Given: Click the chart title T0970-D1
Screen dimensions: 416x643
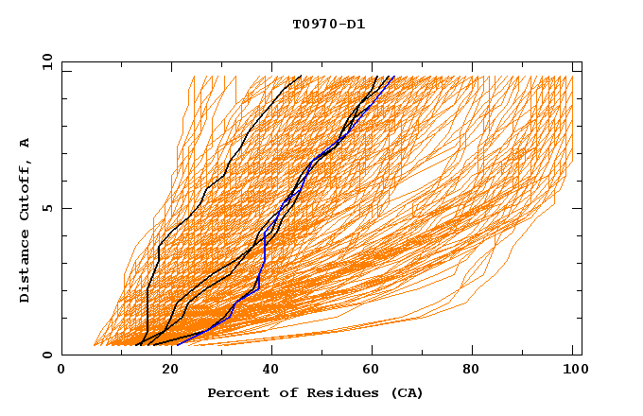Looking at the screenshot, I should pyautogui.click(x=328, y=25).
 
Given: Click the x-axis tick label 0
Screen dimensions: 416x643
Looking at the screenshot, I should pyautogui.click(x=61, y=372).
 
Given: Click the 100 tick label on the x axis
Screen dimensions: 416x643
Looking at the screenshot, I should pyautogui.click(x=573, y=372).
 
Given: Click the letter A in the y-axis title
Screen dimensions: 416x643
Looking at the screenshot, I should pyautogui.click(x=26, y=142).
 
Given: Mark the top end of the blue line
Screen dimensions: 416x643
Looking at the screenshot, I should pyautogui.click(x=391, y=77).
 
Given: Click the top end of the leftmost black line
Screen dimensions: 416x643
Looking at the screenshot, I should pyautogui.click(x=301, y=77).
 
